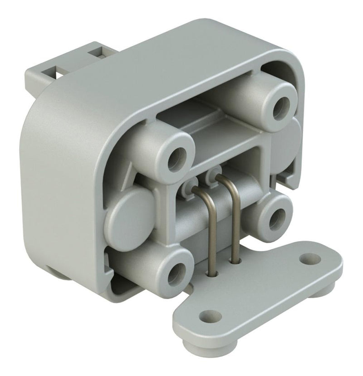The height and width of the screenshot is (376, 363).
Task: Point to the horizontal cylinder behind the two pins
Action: (x=191, y=223)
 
